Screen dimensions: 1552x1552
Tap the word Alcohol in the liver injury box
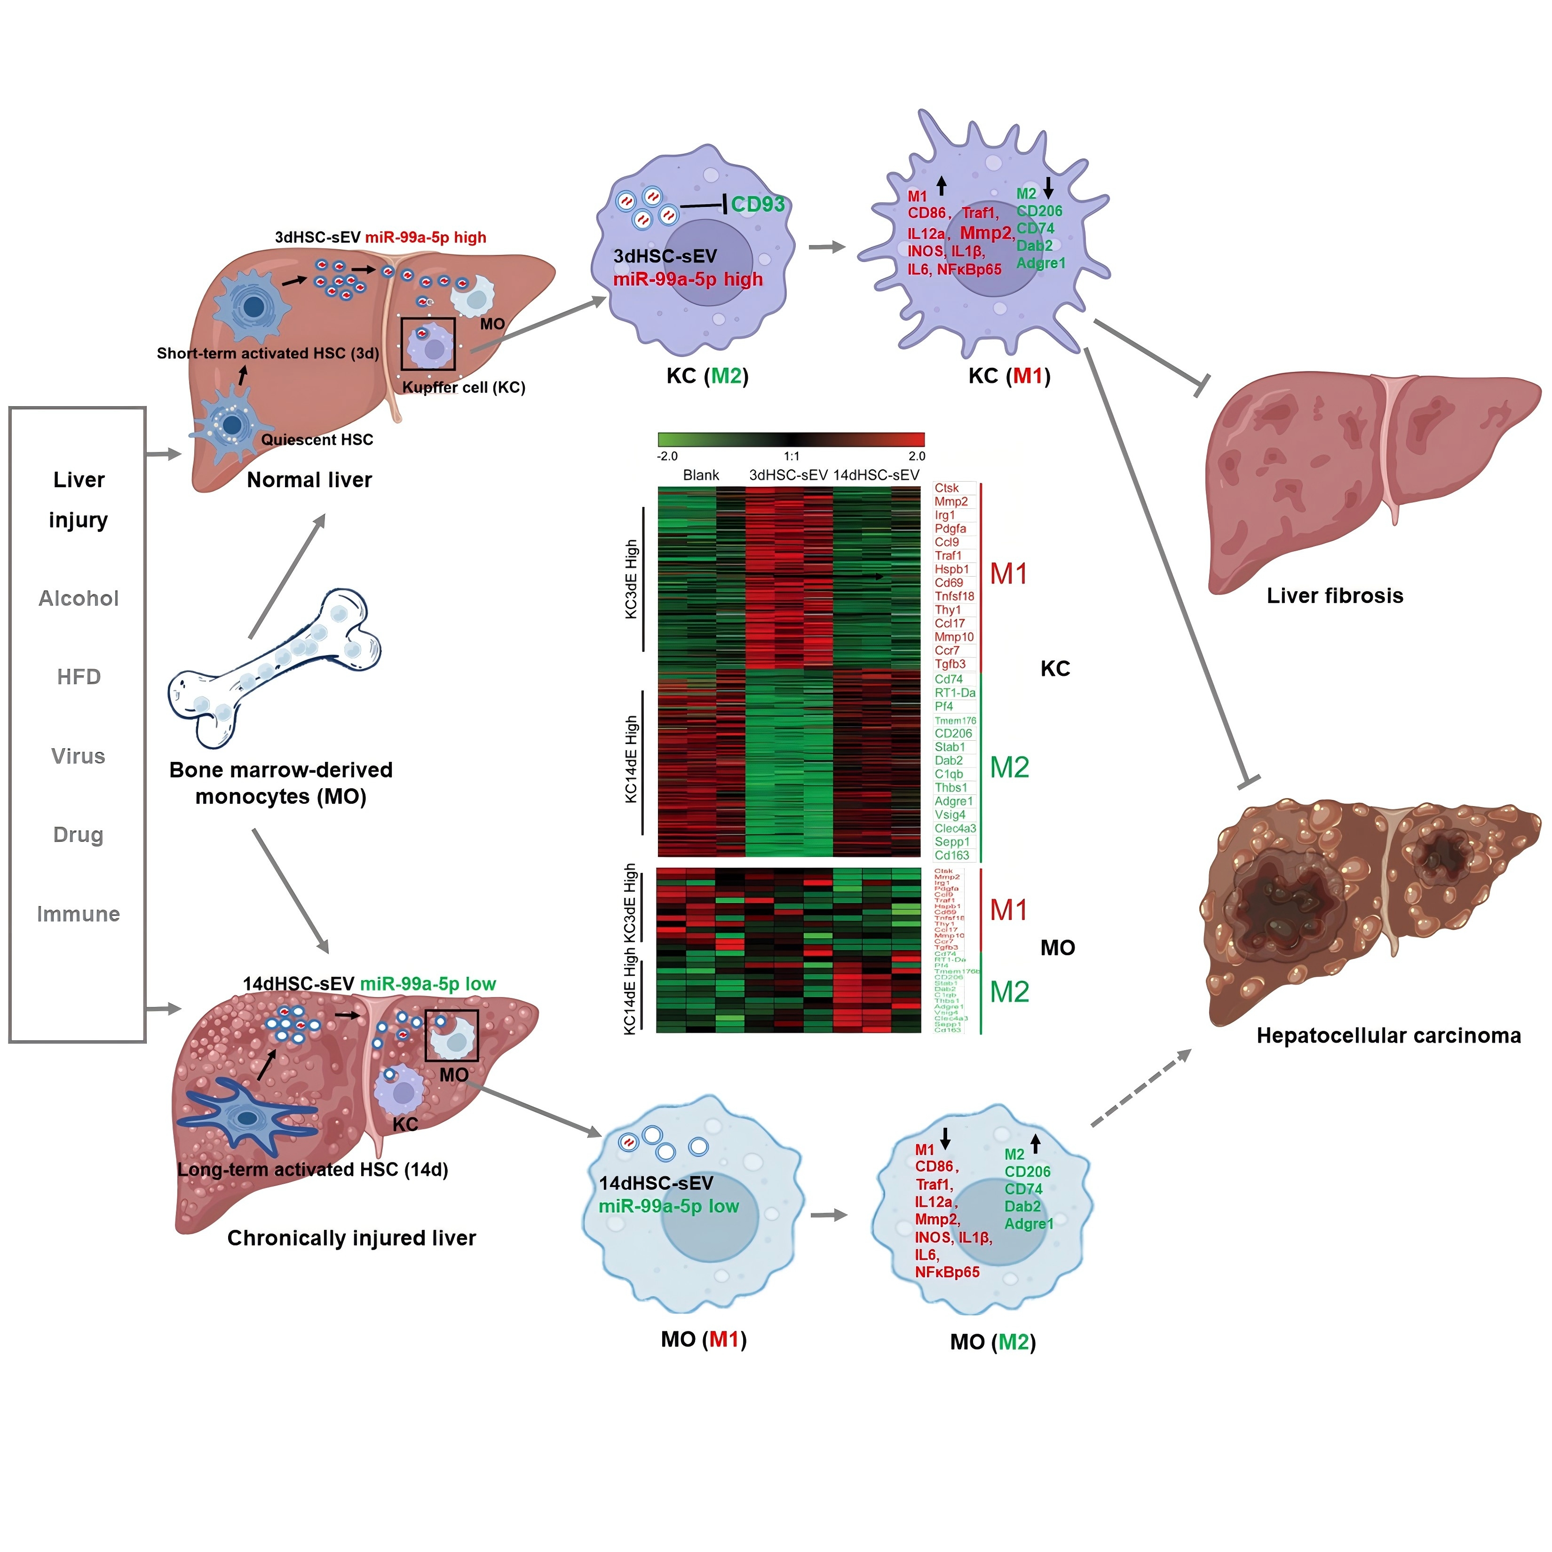tap(79, 599)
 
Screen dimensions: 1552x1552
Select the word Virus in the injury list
tap(78, 756)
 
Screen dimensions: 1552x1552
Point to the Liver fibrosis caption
tap(1334, 595)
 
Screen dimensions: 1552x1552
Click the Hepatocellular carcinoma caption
tap(1388, 1036)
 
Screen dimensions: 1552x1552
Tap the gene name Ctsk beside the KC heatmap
tap(946, 488)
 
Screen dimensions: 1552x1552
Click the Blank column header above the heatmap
tap(700, 475)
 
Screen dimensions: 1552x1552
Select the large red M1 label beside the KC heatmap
tap(1008, 574)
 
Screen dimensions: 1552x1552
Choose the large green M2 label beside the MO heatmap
tap(1009, 991)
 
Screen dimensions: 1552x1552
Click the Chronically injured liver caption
tap(351, 1238)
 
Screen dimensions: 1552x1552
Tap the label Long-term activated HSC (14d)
tap(312, 1170)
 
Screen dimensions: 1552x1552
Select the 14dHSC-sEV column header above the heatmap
tap(876, 475)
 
